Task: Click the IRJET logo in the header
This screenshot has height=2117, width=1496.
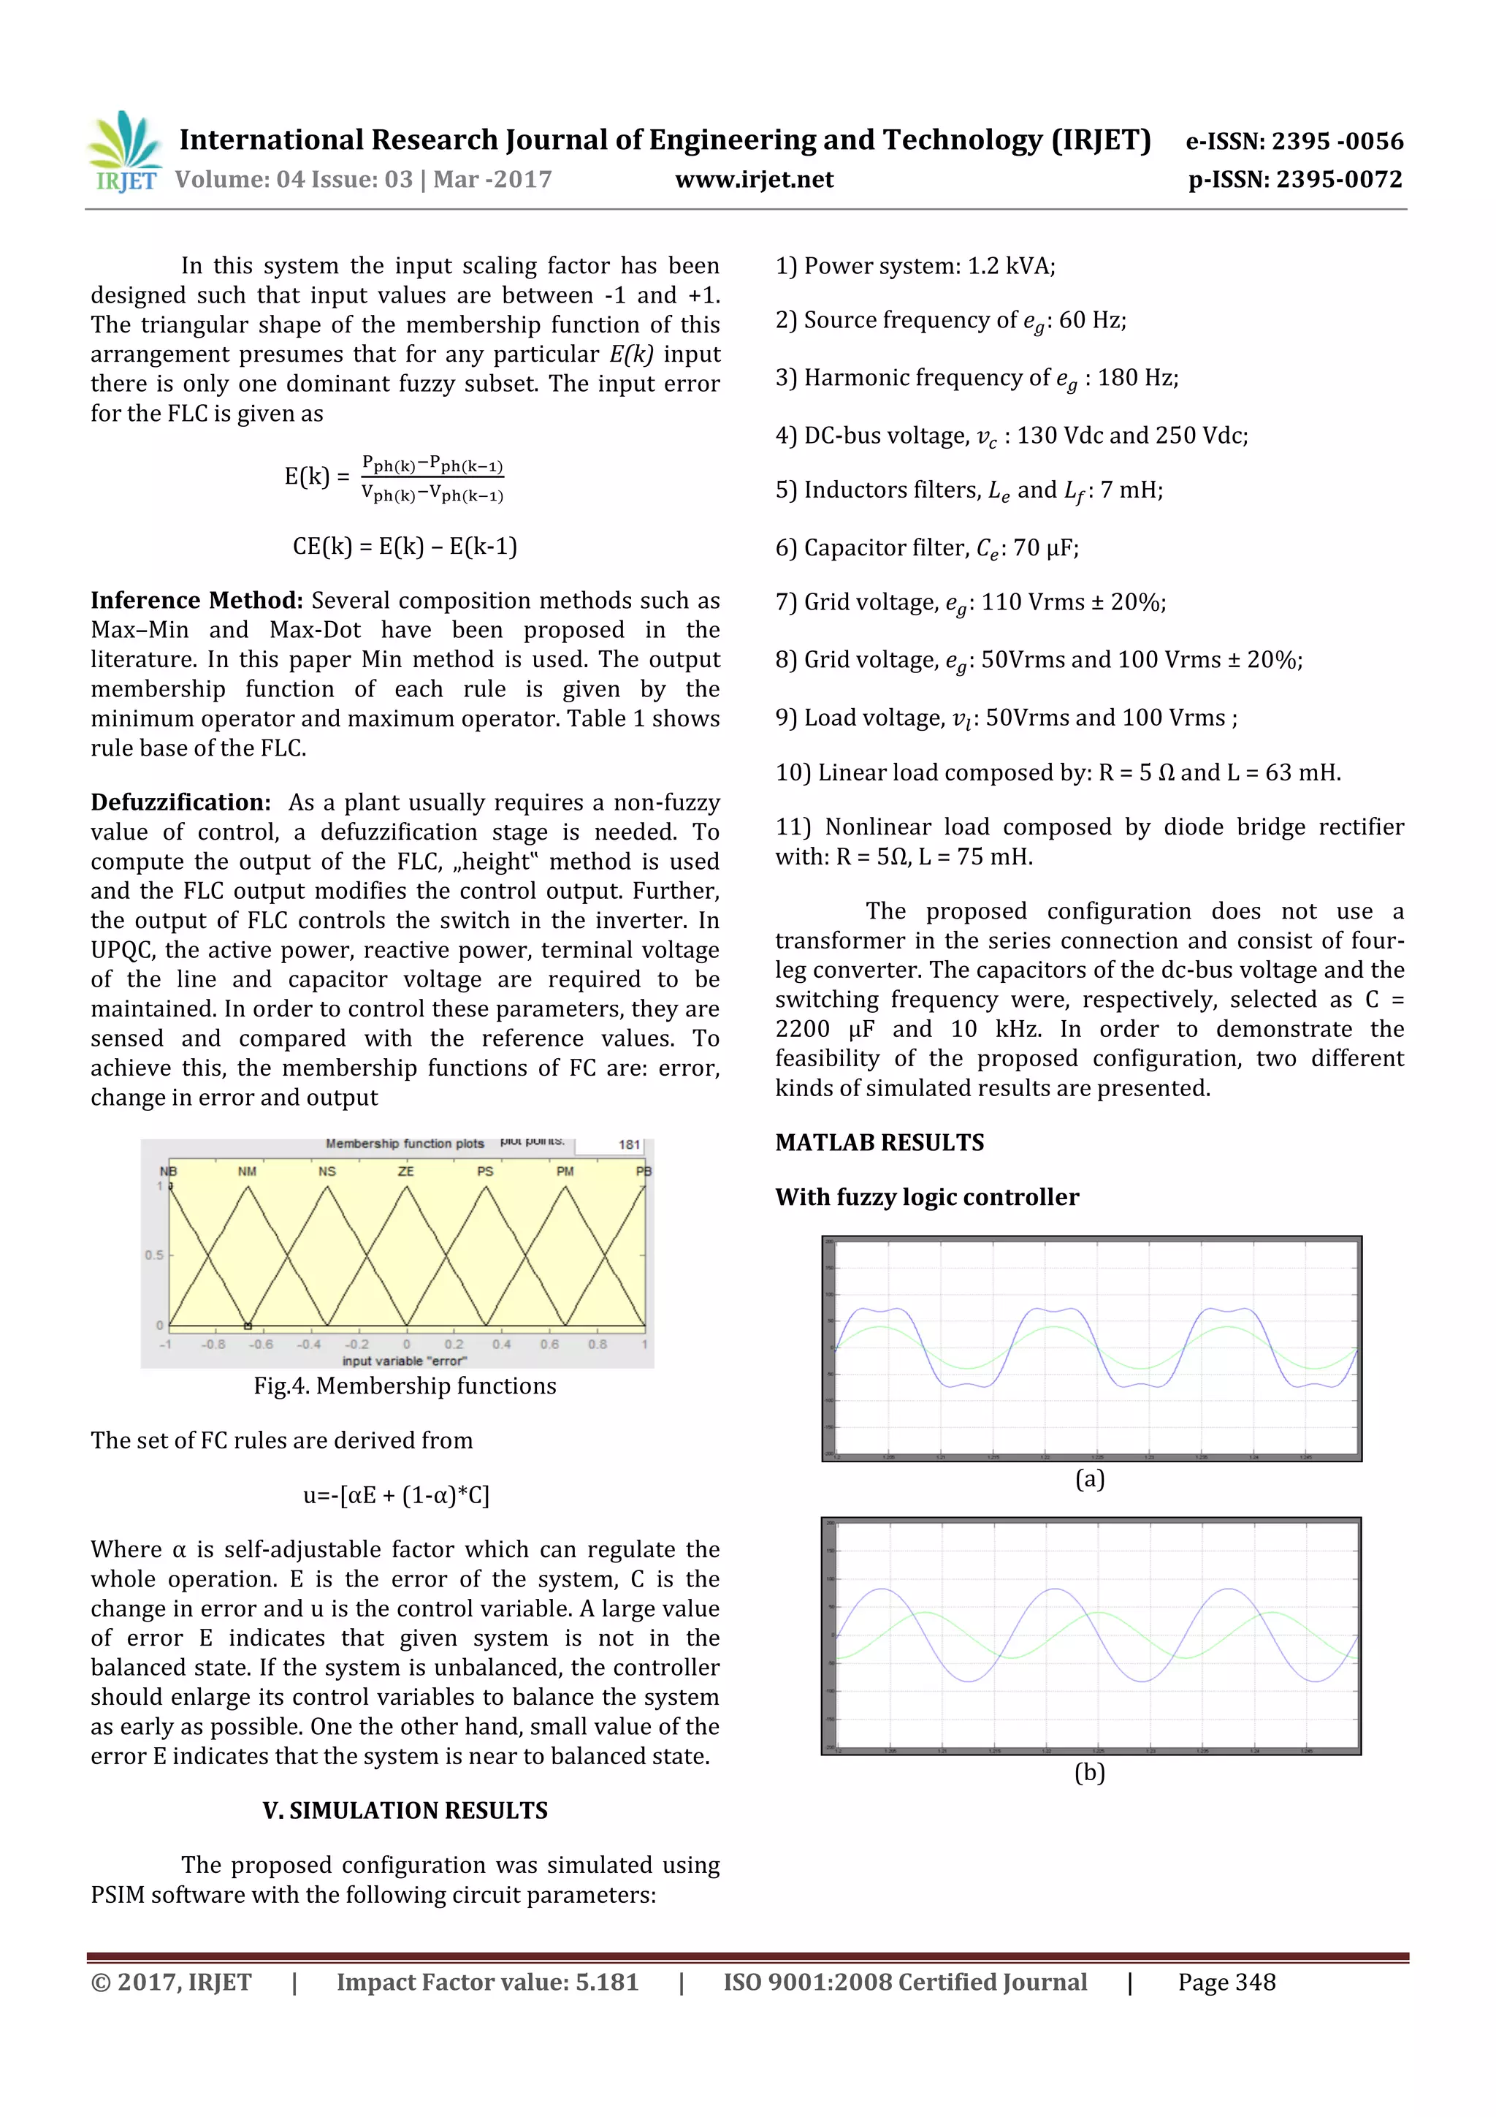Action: point(124,152)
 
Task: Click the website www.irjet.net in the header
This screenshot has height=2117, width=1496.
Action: point(754,180)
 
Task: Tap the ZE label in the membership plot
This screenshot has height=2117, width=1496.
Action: point(405,1171)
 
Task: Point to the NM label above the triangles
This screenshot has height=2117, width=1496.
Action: point(247,1171)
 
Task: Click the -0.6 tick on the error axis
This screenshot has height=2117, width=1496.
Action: point(262,1345)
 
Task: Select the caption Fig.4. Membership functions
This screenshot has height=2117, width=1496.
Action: point(405,1386)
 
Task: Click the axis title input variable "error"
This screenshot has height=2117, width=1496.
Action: point(405,1361)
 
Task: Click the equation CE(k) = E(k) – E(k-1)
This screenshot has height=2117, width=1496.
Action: point(405,546)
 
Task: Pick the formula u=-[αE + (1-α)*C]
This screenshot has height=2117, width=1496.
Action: point(397,1494)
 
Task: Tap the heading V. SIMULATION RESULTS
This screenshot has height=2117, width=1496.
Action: point(405,1810)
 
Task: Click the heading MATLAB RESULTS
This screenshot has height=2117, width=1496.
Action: point(879,1142)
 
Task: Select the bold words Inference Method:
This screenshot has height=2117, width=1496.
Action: point(196,600)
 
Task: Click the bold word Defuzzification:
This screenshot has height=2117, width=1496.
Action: point(180,802)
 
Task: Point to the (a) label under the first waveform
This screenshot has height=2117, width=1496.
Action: point(1090,1479)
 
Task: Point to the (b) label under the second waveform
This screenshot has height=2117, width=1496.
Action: point(1090,1772)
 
